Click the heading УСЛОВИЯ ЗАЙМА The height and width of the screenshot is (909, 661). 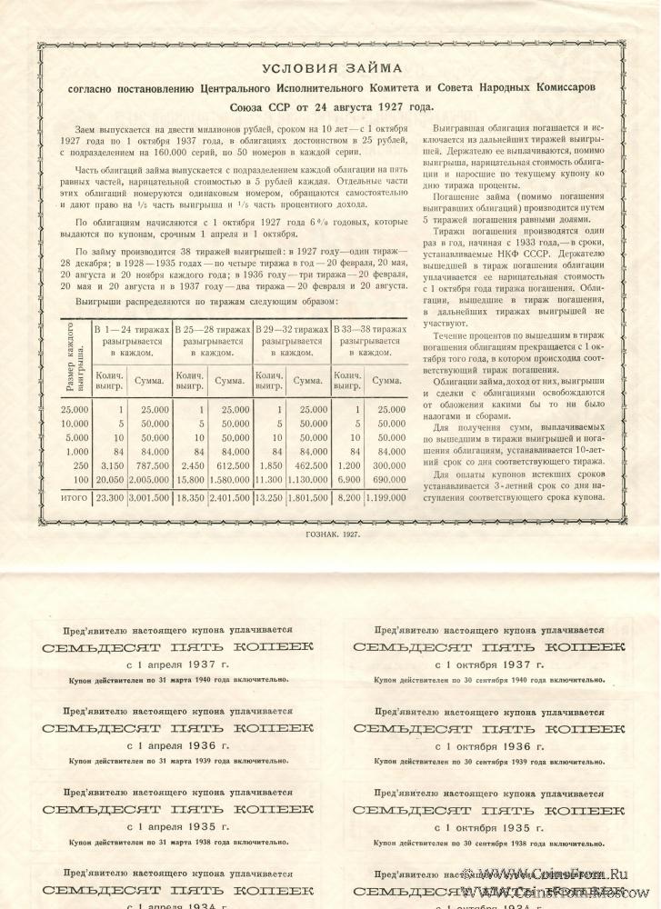point(331,68)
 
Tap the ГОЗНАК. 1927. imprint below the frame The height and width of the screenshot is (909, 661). point(330,534)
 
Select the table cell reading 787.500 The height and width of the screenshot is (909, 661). point(152,465)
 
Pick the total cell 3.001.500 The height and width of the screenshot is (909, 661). point(152,499)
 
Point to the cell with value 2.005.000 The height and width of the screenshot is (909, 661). point(152,479)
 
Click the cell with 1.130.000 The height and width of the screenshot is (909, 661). point(311,479)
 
